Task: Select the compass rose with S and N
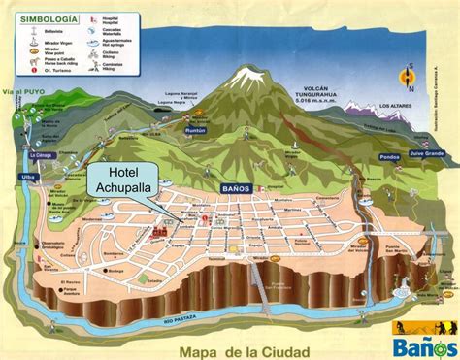pos(409,79)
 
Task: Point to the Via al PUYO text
pos(25,93)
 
